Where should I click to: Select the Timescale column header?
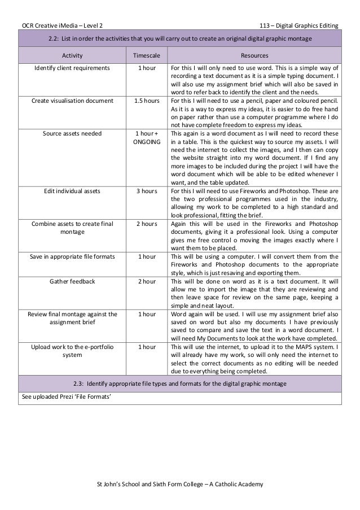[146, 56]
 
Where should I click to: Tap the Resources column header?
[254, 56]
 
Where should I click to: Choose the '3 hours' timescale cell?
[146, 191]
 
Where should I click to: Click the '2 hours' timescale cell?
[146, 224]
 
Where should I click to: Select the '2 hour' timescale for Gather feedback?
[146, 281]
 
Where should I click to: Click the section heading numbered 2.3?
[180, 384]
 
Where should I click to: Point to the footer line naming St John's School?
[180, 485]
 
